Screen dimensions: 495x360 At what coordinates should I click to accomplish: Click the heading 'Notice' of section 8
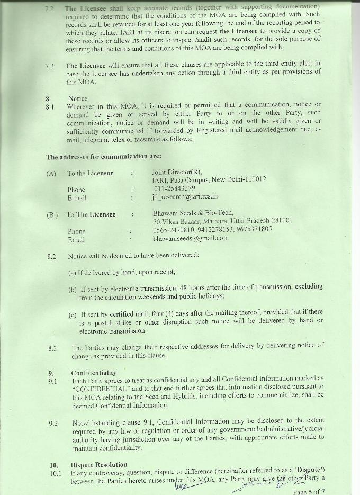78,98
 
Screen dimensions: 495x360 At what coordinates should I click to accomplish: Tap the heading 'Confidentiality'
94,373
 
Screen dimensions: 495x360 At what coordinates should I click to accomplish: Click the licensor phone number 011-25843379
174,188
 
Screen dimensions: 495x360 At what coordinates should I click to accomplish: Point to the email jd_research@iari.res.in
185,197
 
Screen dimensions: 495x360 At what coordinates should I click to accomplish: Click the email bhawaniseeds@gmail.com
191,238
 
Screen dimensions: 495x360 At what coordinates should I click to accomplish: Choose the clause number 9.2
53,423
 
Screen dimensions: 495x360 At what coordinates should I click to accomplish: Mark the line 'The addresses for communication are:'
103,157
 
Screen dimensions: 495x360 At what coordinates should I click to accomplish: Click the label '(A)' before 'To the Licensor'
51,173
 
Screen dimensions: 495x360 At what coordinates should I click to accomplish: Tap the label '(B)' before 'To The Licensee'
52,214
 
